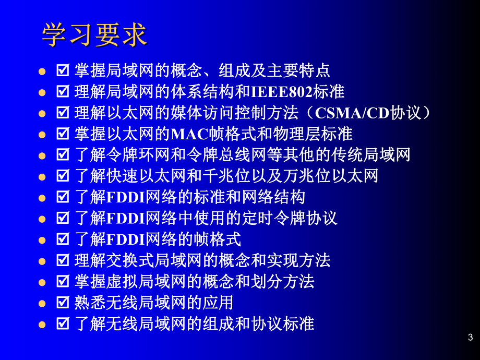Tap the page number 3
click(x=470, y=338)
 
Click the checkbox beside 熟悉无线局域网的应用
click(x=63, y=303)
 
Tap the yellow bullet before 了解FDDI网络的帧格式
click(x=42, y=240)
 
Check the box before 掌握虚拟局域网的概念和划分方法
click(x=63, y=282)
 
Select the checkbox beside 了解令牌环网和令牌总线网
click(x=63, y=155)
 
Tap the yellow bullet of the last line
click(x=42, y=324)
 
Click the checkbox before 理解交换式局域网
click(x=63, y=260)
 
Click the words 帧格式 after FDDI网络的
click(x=217, y=239)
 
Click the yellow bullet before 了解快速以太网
click(x=42, y=176)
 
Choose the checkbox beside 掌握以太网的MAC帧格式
click(x=63, y=134)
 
